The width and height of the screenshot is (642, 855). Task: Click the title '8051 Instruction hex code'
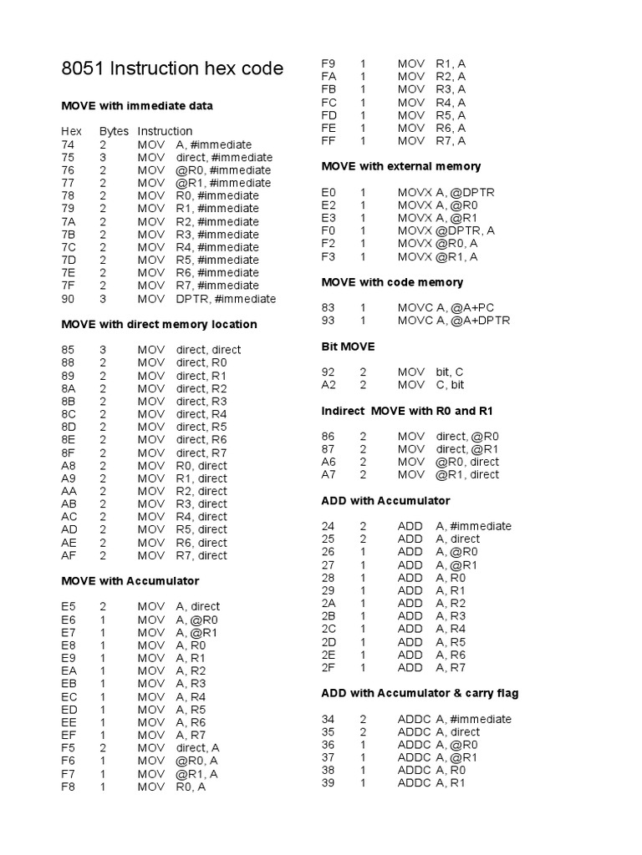tap(172, 69)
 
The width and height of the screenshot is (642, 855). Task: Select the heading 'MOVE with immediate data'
tap(137, 106)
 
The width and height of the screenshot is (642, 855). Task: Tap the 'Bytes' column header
tap(114, 131)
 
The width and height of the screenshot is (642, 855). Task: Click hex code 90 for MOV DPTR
tap(68, 298)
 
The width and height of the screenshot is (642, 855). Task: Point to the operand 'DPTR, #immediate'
tap(226, 298)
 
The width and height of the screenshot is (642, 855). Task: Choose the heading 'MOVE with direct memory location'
tap(159, 324)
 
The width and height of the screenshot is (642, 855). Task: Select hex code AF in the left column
tap(69, 555)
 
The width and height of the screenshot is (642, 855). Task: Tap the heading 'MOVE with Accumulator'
tap(130, 580)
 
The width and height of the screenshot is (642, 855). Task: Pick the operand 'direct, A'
tap(198, 748)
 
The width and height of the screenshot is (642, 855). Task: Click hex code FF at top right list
tap(329, 141)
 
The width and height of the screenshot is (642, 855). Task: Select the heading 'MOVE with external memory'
tap(401, 166)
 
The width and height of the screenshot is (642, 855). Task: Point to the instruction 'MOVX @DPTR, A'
tap(446, 230)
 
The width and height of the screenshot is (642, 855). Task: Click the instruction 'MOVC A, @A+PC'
tap(448, 307)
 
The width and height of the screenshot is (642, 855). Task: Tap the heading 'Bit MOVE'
tap(349, 346)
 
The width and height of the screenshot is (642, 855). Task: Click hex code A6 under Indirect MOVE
tap(329, 462)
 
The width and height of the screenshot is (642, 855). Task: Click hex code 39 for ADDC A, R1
tap(328, 783)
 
